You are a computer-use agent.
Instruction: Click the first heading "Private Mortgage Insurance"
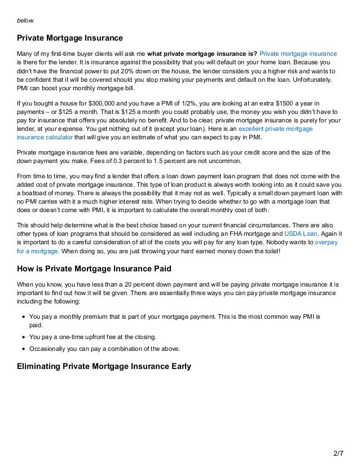coord(69,38)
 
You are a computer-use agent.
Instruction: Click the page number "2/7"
coord(338,452)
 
